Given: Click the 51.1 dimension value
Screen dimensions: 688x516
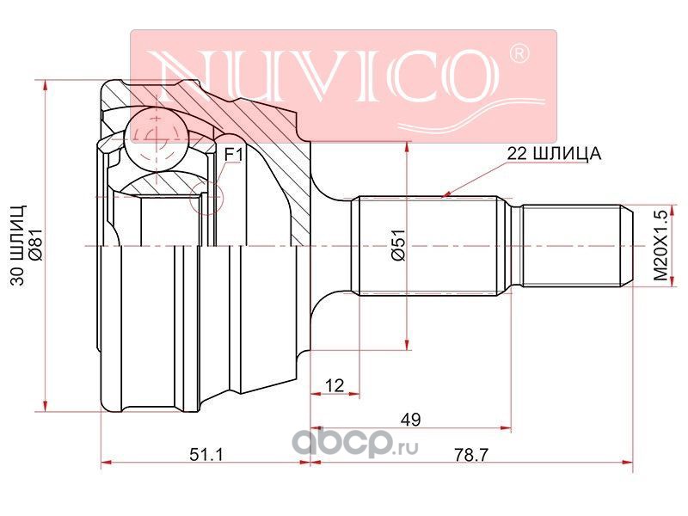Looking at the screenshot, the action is (206, 455).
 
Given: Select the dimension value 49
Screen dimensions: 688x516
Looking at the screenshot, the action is (411, 420).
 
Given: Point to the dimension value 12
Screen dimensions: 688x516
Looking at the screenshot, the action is (335, 385).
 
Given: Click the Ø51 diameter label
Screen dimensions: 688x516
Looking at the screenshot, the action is (400, 245).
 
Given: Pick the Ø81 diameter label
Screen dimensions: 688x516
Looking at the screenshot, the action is (36, 245).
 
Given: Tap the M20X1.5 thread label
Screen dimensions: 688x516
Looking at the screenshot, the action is (660, 245).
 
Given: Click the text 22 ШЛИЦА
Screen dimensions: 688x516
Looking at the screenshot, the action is (554, 154).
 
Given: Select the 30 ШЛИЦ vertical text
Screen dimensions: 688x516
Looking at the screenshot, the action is (18, 245).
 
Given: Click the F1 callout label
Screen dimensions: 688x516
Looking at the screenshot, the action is (233, 155).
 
